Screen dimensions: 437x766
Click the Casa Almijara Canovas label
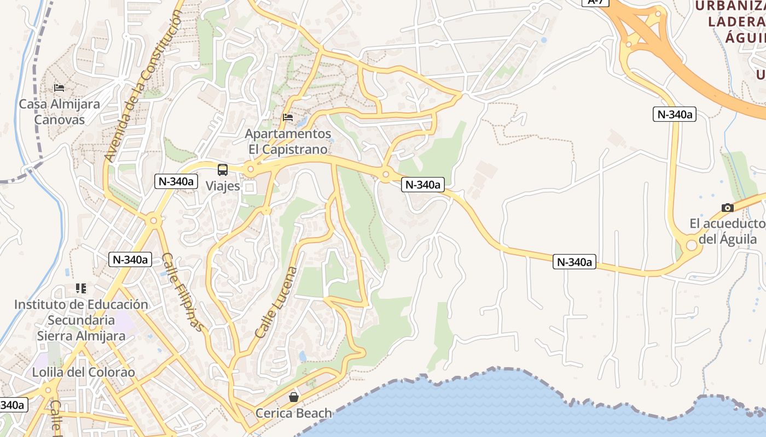click(x=59, y=111)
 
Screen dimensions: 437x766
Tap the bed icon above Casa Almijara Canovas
click(x=59, y=87)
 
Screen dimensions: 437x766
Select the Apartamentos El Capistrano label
click(x=288, y=141)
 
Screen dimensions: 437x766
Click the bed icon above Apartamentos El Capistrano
click(x=288, y=117)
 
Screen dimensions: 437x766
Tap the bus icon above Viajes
click(x=223, y=169)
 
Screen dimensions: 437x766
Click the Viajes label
click(x=223, y=186)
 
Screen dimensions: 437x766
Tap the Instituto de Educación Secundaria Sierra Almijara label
click(x=81, y=320)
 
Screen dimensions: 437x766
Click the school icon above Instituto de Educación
click(x=81, y=288)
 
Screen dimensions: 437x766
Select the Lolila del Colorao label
click(x=83, y=373)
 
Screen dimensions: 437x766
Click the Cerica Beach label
click(x=294, y=414)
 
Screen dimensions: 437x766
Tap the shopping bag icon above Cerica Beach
click(x=294, y=397)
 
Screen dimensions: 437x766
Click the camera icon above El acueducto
click(x=727, y=208)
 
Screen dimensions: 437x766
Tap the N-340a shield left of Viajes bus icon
click(x=176, y=181)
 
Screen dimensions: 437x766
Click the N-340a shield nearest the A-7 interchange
click(x=674, y=114)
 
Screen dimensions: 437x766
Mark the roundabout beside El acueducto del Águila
click(x=691, y=245)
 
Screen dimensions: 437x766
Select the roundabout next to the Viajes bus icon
click(x=251, y=170)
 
